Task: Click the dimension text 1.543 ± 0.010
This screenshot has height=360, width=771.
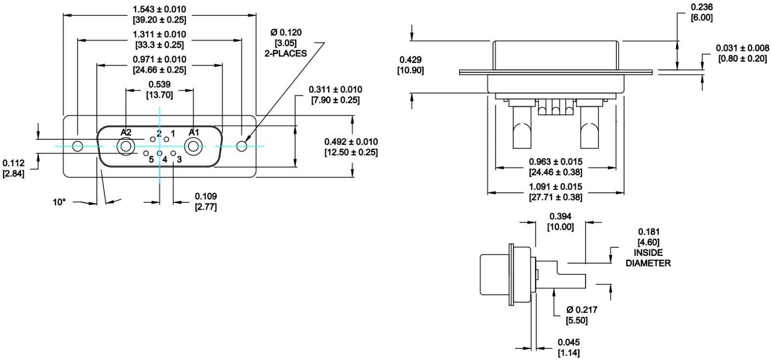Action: (160, 9)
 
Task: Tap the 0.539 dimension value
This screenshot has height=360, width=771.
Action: (160, 84)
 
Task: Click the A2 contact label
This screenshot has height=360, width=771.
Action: (126, 132)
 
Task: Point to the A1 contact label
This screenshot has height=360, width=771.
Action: (194, 132)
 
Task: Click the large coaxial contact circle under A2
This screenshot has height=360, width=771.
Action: (126, 147)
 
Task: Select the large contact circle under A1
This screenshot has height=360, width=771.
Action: (193, 147)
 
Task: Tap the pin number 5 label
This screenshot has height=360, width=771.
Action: (151, 160)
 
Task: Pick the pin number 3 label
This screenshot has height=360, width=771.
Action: (179, 160)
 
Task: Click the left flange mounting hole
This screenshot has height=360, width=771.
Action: (78, 147)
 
